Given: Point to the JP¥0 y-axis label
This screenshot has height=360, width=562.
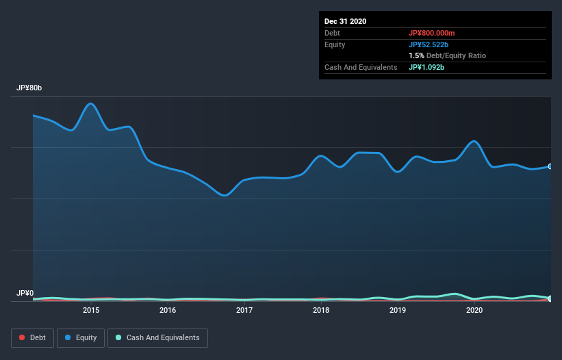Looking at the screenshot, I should [25, 294].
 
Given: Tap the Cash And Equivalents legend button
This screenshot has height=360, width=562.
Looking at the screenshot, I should [157, 337].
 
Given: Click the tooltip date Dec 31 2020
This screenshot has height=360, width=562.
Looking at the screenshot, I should [346, 21].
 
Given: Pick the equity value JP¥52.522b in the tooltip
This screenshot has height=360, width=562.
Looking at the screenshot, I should [429, 44].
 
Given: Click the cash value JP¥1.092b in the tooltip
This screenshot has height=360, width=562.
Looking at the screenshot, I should [426, 67].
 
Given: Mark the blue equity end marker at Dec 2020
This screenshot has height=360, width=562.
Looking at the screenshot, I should [550, 166].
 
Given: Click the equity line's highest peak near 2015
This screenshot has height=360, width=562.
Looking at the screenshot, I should [91, 103].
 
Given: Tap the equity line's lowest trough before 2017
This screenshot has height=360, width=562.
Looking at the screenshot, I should [224, 196].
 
